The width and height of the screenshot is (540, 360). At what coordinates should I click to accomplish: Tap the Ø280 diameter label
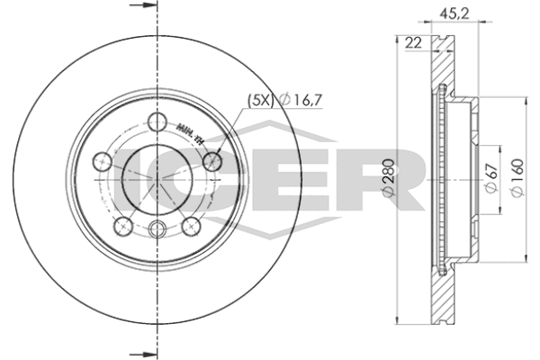coord(388,180)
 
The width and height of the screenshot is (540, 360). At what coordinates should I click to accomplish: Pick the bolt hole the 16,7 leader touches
coord(213,161)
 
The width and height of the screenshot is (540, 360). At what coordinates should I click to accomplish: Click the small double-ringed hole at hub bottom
coord(158,229)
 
